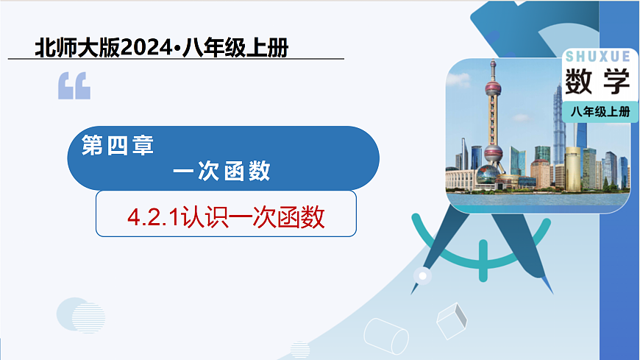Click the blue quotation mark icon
pyautogui.click(x=74, y=86)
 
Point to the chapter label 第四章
pyautogui.click(x=117, y=146)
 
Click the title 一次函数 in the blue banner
pyautogui.click(x=221, y=172)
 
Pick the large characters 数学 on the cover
pyautogui.click(x=598, y=82)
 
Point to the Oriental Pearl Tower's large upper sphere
pyautogui.click(x=492, y=91)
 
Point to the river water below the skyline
pyautogui.click(x=537, y=199)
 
